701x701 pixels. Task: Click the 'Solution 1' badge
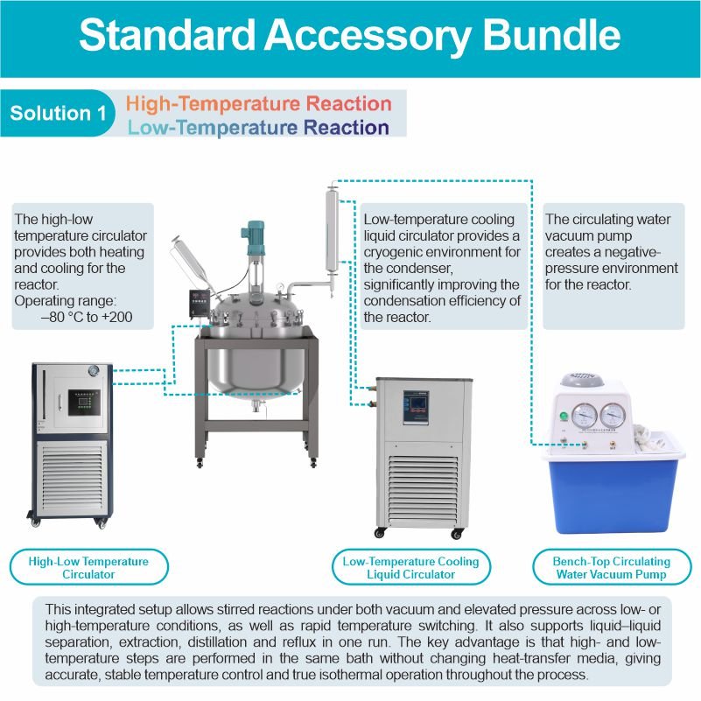pyautogui.click(x=57, y=113)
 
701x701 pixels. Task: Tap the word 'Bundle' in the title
pyautogui.click(x=551, y=35)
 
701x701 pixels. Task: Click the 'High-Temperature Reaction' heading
pyautogui.click(x=259, y=104)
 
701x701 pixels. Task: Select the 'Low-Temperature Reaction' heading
pyautogui.click(x=258, y=128)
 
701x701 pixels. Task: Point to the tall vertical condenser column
pyautogui.click(x=332, y=230)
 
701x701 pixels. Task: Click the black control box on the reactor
pyautogui.click(x=200, y=304)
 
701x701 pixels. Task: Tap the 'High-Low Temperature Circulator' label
pyautogui.click(x=88, y=567)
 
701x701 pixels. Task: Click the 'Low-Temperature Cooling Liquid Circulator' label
pyautogui.click(x=410, y=567)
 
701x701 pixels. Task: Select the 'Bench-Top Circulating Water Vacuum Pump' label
pyautogui.click(x=612, y=567)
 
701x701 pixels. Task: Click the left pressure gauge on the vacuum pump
pyautogui.click(x=584, y=416)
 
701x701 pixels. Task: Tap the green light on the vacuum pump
pyautogui.click(x=564, y=417)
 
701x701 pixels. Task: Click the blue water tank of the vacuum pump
pyautogui.click(x=613, y=496)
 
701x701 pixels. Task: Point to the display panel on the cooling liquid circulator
pyautogui.click(x=416, y=407)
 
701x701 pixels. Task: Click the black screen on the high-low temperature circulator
pyautogui.click(x=84, y=403)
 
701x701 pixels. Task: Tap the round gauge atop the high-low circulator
pyautogui.click(x=94, y=371)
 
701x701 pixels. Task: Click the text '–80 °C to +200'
pyautogui.click(x=87, y=317)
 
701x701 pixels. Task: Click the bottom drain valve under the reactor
pyautogui.click(x=257, y=406)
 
